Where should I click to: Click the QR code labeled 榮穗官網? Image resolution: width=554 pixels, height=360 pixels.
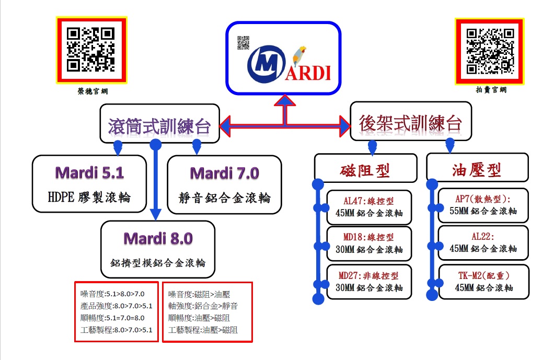(x=91, y=50)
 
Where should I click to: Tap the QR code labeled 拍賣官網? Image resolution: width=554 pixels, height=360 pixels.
(x=490, y=51)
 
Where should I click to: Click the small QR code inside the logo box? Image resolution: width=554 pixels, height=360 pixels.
(x=243, y=42)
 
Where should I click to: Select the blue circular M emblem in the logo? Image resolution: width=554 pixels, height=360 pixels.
(x=267, y=64)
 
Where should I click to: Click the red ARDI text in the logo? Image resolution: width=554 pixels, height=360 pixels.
(x=308, y=73)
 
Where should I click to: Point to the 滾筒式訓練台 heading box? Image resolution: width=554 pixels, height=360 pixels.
(x=160, y=123)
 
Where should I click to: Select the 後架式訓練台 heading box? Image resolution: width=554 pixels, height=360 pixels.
(x=411, y=121)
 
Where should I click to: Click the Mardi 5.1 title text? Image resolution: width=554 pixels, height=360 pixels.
(x=89, y=173)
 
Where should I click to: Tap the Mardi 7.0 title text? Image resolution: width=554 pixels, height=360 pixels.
(x=224, y=173)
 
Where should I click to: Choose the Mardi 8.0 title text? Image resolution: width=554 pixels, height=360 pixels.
(x=158, y=238)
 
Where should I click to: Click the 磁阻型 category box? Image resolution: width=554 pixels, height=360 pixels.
(x=366, y=168)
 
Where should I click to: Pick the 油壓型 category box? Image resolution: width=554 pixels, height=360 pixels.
(x=477, y=167)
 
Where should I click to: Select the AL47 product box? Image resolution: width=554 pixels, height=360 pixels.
(x=369, y=207)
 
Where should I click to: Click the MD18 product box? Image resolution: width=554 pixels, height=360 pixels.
(x=369, y=243)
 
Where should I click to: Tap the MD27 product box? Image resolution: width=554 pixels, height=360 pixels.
(x=369, y=282)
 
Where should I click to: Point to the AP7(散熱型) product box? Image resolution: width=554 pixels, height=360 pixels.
(x=483, y=205)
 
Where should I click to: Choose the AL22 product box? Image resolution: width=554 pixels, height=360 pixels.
(x=483, y=243)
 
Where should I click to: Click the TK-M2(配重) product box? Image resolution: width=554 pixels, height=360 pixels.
(x=483, y=282)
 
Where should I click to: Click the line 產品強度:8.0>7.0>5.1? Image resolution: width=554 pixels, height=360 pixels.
(x=116, y=306)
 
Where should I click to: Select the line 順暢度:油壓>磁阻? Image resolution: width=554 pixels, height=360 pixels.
(x=199, y=318)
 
